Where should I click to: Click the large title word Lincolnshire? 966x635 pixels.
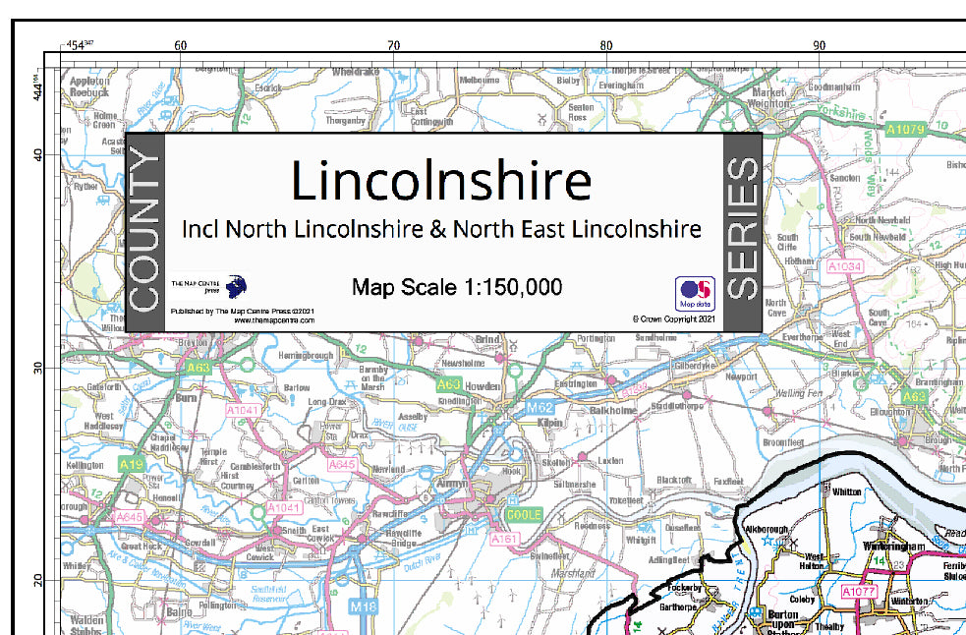(441, 182)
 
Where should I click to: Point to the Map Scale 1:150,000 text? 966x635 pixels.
(457, 287)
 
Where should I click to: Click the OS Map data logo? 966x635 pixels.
(694, 293)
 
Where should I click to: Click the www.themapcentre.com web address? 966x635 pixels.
(274, 319)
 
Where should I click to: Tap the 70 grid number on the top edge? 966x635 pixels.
(393, 45)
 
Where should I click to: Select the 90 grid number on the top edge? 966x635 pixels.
(819, 45)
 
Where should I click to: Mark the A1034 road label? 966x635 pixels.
(844, 266)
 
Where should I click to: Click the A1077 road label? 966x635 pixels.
(858, 592)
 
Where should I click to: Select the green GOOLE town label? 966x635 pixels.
(523, 515)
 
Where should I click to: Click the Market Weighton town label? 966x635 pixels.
(767, 95)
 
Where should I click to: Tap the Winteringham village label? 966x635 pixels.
(895, 546)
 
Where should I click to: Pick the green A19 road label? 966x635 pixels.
(130, 462)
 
